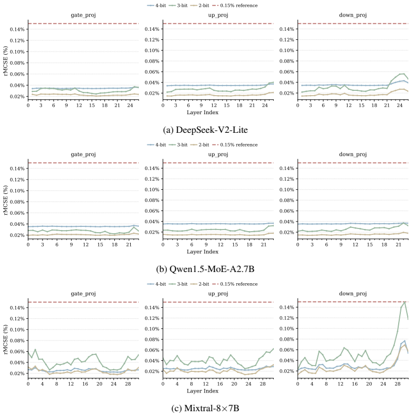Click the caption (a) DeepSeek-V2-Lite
click(x=205, y=130)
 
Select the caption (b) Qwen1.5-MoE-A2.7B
click(x=205, y=269)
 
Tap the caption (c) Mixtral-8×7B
click(x=205, y=408)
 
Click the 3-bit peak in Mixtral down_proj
click(x=405, y=302)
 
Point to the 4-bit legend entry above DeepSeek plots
click(x=157, y=5)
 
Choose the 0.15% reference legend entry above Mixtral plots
click(x=235, y=284)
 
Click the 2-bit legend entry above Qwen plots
click(x=200, y=145)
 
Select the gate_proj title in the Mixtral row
click(x=83, y=294)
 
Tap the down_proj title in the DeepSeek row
click(x=353, y=15)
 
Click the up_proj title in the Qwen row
click(x=218, y=155)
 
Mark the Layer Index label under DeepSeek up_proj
click(x=203, y=112)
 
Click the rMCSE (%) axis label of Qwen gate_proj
click(x=5, y=200)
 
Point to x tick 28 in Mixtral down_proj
click(x=398, y=384)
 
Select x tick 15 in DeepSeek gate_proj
click(x=92, y=105)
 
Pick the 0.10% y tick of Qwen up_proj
click(x=152, y=190)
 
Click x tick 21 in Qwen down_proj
click(x=399, y=244)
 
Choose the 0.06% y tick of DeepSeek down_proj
click(x=287, y=72)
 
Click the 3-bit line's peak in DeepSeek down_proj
click(x=404, y=73)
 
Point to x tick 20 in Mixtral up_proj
click(x=234, y=384)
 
